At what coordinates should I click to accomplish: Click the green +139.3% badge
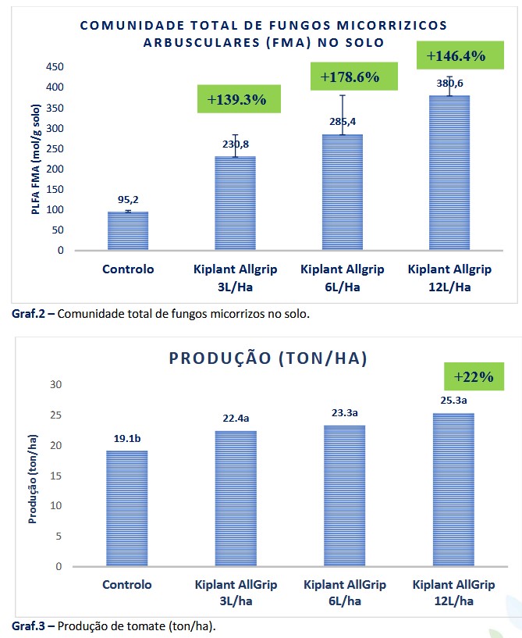[x=237, y=100]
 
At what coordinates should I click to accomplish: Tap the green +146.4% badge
[x=456, y=56]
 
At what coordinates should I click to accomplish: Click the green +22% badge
[x=470, y=376]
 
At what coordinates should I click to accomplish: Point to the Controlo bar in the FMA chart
[x=127, y=231]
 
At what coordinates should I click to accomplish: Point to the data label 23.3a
[x=343, y=412]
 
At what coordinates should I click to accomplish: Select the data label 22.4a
[x=235, y=419]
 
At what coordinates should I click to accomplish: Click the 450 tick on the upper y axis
[x=54, y=67]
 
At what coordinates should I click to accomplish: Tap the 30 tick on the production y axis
[x=55, y=384]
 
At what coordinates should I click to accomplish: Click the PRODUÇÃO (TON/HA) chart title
[x=268, y=358]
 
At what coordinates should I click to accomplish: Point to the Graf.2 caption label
[x=30, y=315]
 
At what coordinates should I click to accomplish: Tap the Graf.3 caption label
[x=30, y=626]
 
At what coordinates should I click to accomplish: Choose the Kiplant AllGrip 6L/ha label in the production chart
[x=344, y=593]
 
